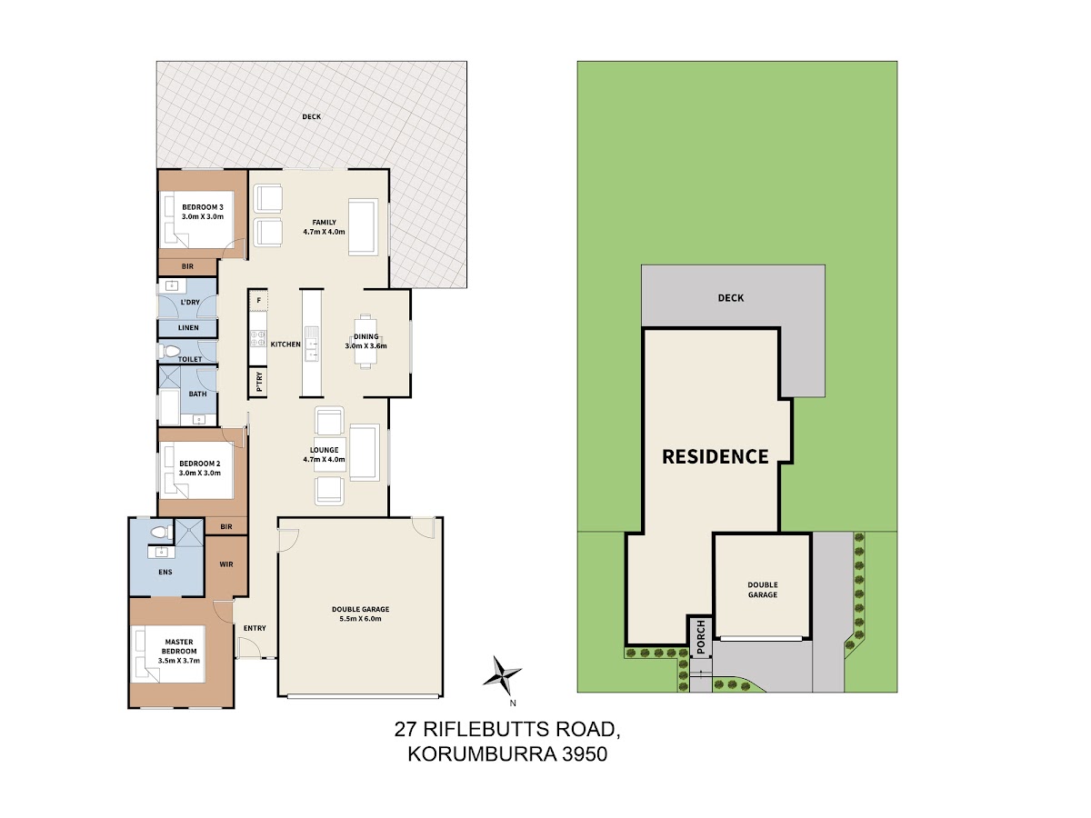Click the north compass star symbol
coord(502,675)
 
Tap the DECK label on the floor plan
coord(312,116)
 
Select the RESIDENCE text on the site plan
coord(716,456)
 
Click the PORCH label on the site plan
coord(700,637)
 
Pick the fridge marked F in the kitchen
coord(258,300)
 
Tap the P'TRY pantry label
coord(259,382)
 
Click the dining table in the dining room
coord(365,341)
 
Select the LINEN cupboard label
coord(188,328)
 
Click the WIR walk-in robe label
coord(226,564)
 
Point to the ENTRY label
coord(255,628)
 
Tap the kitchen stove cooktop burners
coord(258,339)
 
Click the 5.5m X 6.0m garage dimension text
coord(360,619)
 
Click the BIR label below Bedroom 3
coord(187,266)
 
